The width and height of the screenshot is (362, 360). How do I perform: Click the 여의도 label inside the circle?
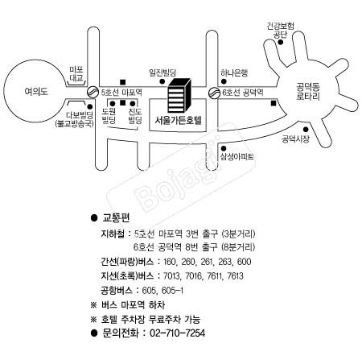click(x=36, y=92)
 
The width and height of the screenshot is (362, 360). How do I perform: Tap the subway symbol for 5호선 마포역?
click(x=93, y=92)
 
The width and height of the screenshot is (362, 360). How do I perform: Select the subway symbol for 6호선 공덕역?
click(x=214, y=93)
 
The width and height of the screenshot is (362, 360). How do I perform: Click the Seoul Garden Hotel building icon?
click(x=179, y=95)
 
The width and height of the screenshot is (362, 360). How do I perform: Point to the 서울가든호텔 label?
click(x=178, y=120)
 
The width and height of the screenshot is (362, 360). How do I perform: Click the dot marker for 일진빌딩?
click(x=162, y=81)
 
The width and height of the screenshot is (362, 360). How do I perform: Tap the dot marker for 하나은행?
click(x=224, y=81)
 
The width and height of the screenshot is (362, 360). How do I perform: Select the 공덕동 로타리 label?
click(x=308, y=92)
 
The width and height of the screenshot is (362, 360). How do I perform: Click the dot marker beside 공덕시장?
click(x=306, y=130)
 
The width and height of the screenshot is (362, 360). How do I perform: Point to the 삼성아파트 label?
click(x=237, y=156)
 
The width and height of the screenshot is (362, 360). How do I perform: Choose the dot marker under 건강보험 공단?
click(x=281, y=43)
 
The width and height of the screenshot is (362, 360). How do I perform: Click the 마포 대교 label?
click(x=76, y=74)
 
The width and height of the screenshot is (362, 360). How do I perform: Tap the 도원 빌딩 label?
click(x=109, y=116)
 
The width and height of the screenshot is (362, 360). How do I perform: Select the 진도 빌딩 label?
click(x=135, y=116)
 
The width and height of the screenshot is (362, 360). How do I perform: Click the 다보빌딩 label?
click(x=80, y=115)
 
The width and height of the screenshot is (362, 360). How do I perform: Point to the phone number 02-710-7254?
click(x=177, y=333)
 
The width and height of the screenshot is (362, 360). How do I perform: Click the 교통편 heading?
click(x=116, y=217)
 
